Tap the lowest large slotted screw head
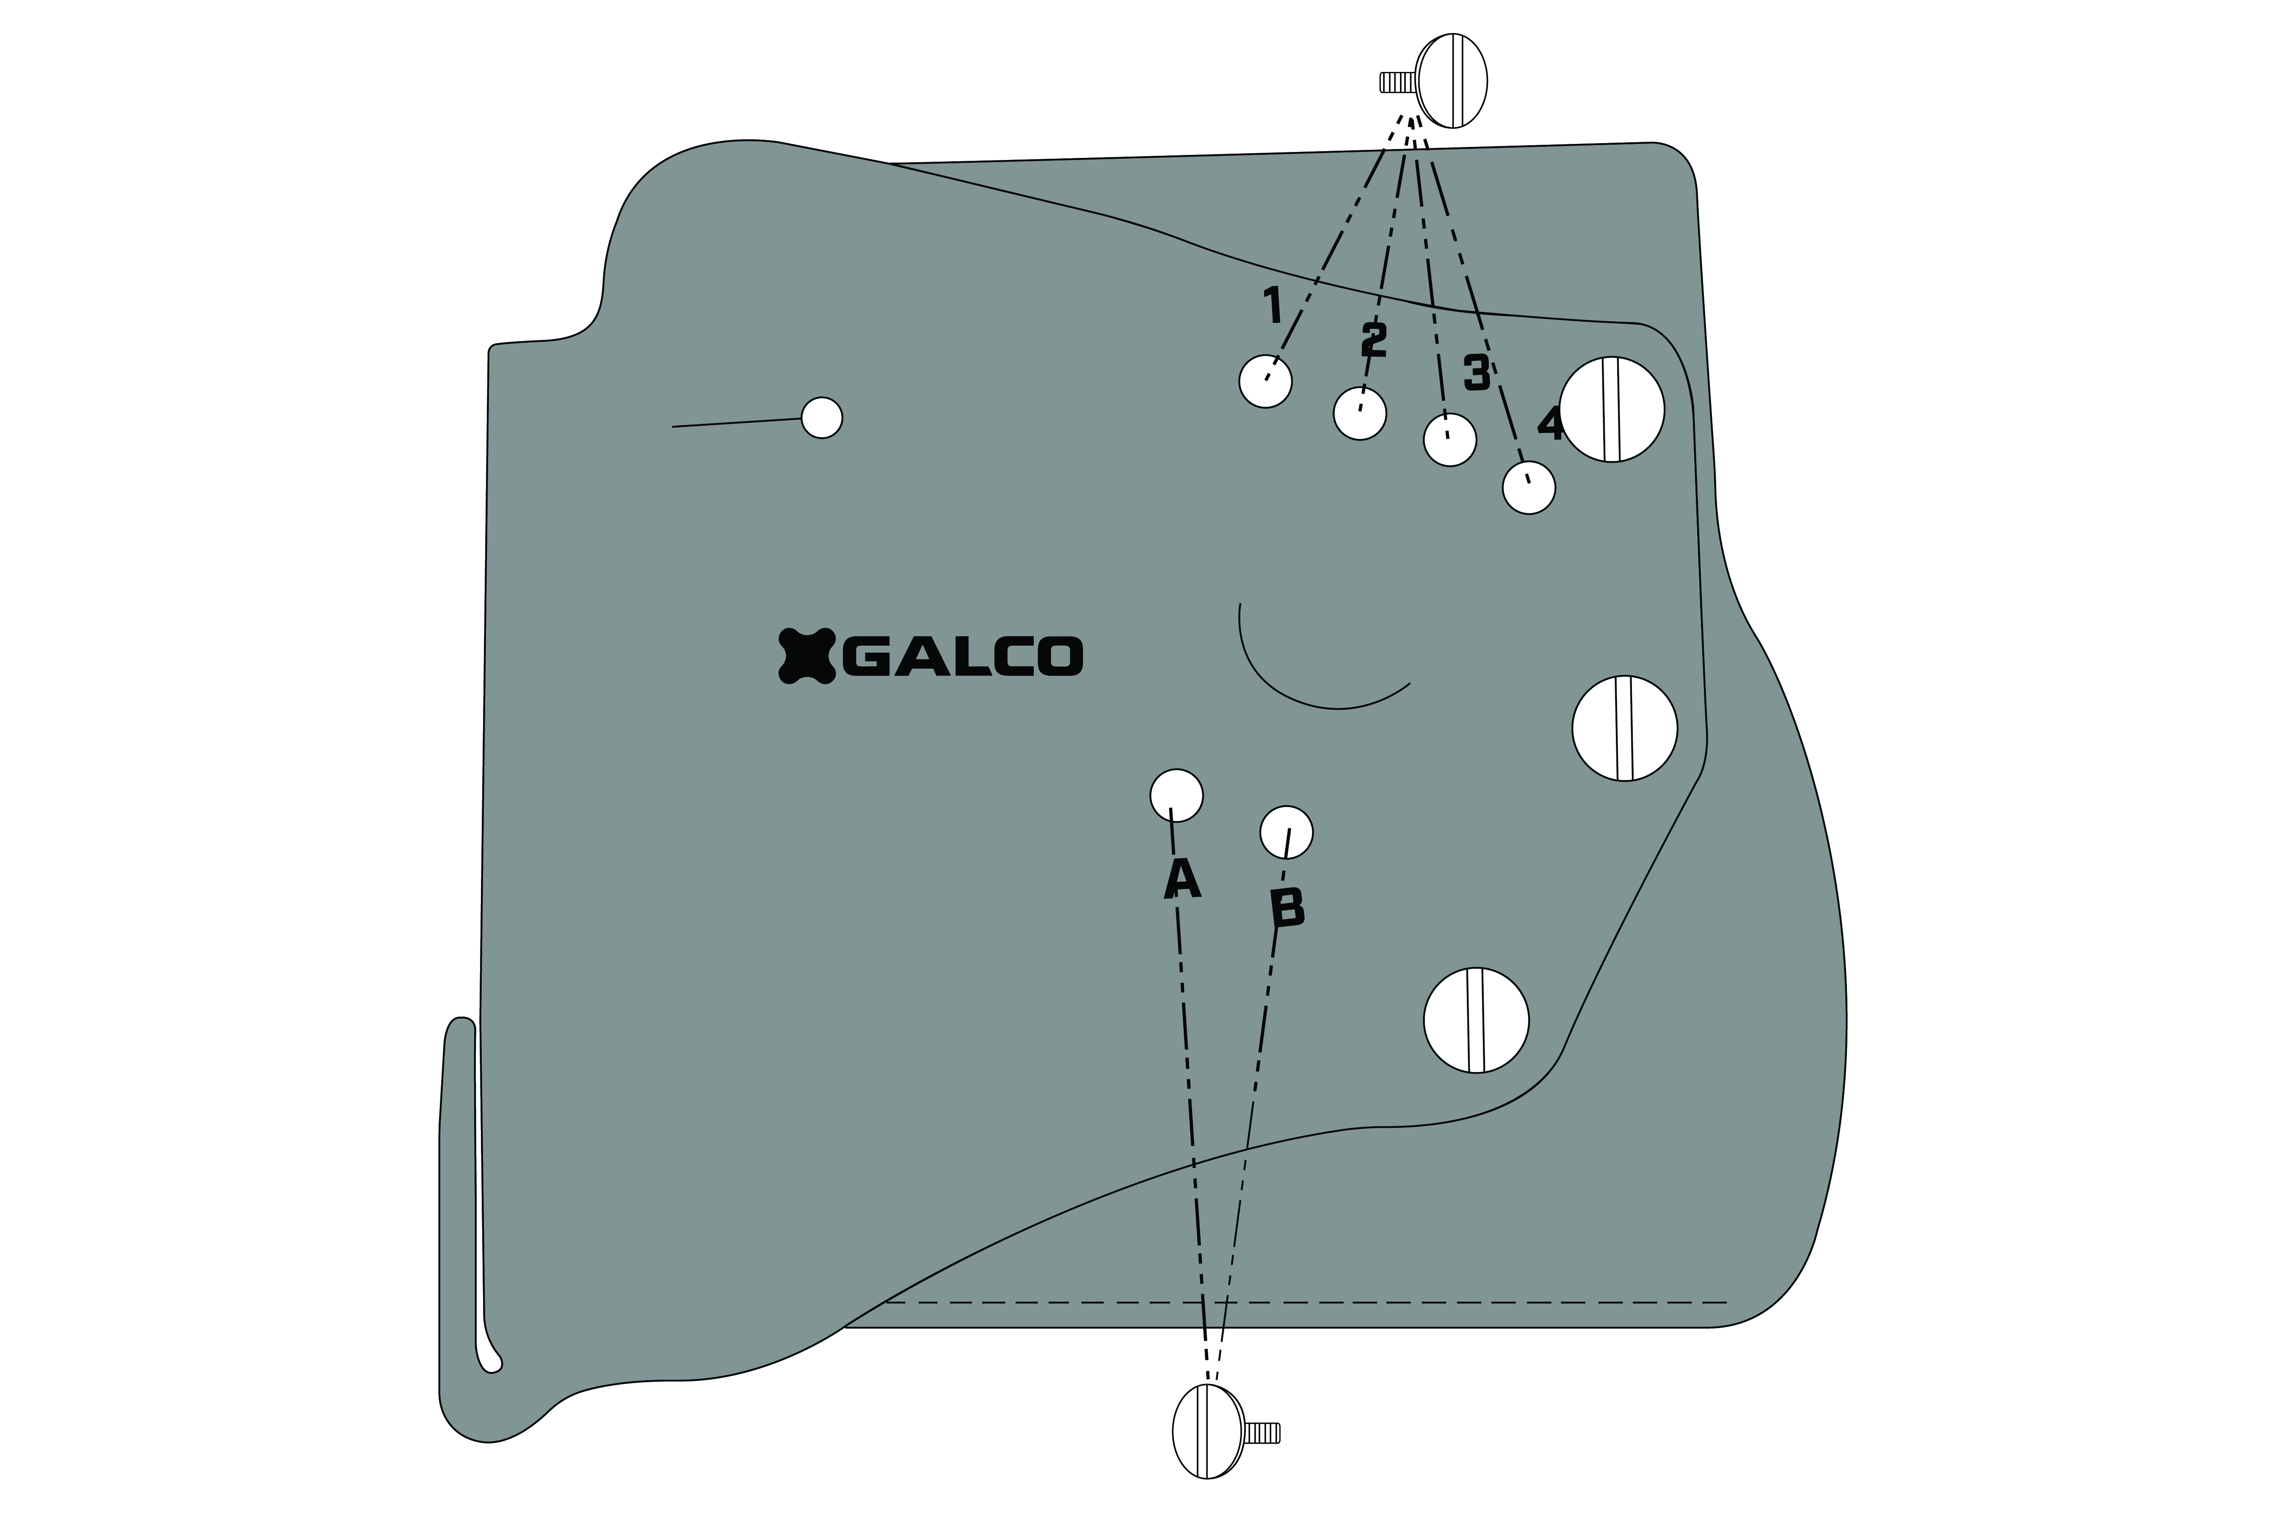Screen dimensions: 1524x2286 coord(1475,1020)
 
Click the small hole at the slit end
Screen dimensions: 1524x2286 coord(822,418)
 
